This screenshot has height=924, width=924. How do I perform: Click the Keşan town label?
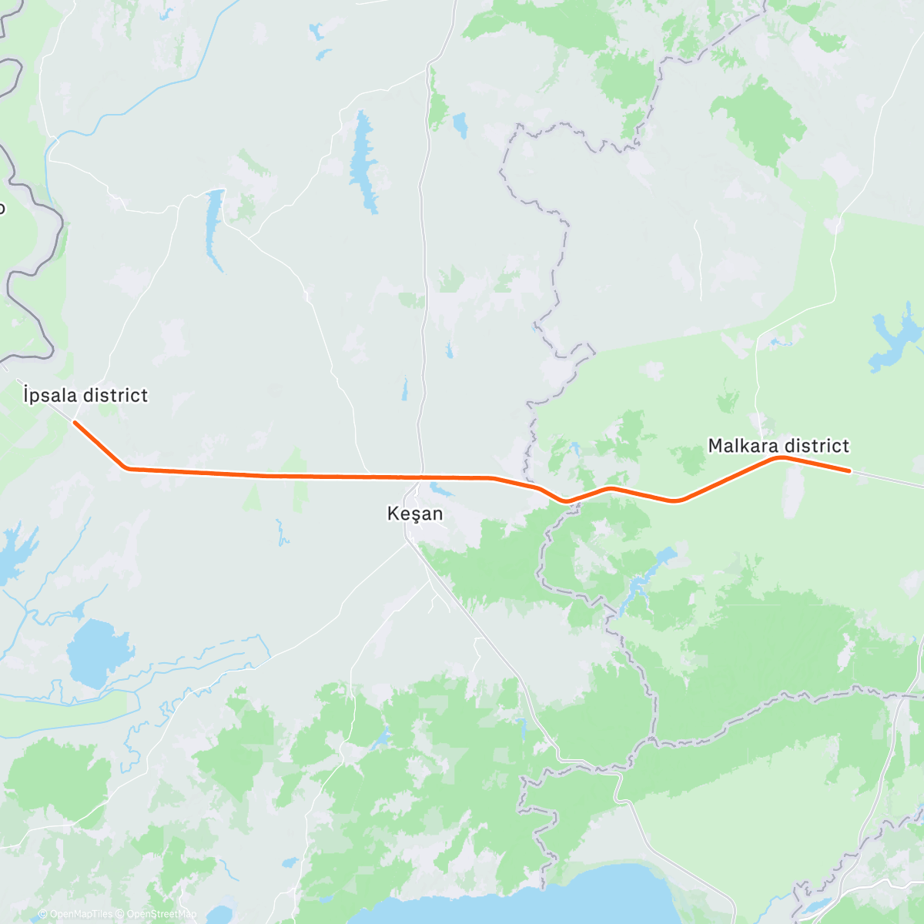click(415, 514)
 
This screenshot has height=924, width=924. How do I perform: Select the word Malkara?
click(741, 446)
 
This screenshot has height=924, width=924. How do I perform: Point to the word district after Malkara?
click(814, 446)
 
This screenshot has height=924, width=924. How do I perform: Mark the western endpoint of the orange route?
click(75, 422)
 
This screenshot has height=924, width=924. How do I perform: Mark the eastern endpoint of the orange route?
click(849, 470)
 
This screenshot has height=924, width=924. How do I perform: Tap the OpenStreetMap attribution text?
click(158, 914)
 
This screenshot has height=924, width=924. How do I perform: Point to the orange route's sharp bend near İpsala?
click(128, 467)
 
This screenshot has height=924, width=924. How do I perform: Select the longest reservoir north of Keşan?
click(363, 162)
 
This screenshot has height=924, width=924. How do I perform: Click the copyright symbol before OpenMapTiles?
click(42, 914)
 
